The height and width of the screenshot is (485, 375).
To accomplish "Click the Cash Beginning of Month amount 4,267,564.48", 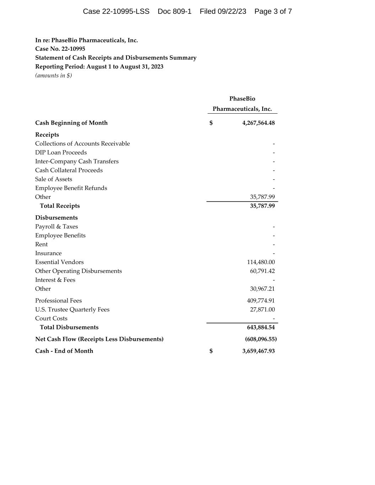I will pos(258,123).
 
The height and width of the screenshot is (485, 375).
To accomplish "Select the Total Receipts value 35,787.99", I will pos(262,206).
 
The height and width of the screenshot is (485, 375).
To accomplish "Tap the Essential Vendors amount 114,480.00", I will pos(261,262).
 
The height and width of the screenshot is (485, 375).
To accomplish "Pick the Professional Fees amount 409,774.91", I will pos(261,301).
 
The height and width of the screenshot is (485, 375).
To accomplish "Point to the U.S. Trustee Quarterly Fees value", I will pos(262,309).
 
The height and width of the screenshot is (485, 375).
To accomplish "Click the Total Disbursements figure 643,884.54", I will pos(261,327).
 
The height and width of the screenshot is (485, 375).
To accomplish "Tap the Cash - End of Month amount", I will pos(258,351).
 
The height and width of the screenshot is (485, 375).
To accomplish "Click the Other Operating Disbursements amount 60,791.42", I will pos(262,271).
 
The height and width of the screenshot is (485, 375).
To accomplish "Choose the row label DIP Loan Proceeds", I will pos(61,152).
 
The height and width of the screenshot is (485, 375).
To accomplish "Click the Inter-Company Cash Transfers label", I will pos(77,161).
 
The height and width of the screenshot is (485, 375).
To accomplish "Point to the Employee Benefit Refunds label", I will pos(71,188).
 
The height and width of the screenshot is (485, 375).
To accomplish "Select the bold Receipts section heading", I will pos(47,135).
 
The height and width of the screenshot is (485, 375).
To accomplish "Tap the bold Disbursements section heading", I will pos(56,217).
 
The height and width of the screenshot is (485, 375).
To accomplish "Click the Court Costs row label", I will pos(51,318).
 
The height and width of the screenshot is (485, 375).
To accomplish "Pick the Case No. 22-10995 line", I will pos(60,49).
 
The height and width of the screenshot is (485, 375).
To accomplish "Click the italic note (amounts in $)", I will pos(53,75).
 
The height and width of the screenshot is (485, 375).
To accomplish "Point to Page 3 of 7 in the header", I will pos(273,11).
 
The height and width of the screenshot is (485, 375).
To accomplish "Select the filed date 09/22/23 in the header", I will pos(232,11).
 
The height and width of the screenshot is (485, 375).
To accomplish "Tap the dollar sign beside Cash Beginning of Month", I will pos(211,123).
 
